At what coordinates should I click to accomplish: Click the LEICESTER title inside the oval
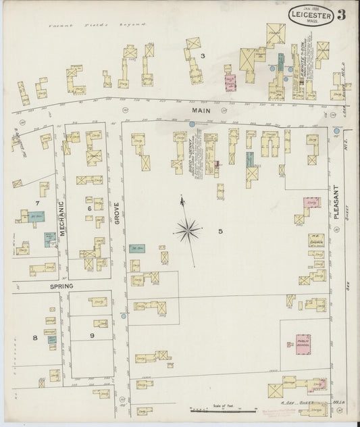coord(310,14)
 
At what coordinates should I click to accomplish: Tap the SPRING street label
coord(42,286)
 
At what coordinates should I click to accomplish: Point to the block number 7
coord(38,203)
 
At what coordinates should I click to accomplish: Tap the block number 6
coord(88,209)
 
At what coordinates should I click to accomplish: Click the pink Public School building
coord(303,343)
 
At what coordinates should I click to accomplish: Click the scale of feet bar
coord(223,409)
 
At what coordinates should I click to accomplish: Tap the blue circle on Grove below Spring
coord(124,316)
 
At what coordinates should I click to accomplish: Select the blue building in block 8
coord(51,340)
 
